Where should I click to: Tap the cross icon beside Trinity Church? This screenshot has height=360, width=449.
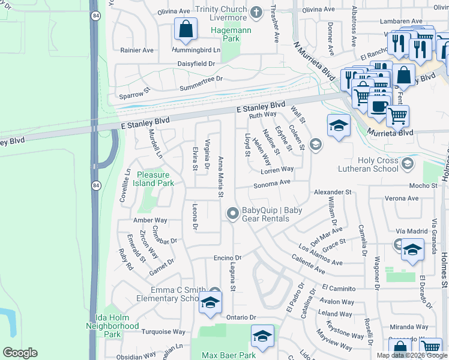[256, 12]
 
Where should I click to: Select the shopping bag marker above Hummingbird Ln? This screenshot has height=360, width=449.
[186, 29]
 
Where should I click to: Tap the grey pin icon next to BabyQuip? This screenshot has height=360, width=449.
[233, 214]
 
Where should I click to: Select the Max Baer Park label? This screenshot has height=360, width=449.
[228, 355]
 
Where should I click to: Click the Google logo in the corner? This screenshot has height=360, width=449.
[20, 353]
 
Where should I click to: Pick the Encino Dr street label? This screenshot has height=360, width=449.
[227, 258]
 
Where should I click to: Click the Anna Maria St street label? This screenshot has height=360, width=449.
[221, 177]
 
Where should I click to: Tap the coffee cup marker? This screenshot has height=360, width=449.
[378, 106]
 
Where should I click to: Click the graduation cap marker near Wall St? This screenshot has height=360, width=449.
[339, 127]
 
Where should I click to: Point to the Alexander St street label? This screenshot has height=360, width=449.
[332, 192]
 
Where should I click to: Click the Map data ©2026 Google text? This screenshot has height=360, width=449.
[412, 355]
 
